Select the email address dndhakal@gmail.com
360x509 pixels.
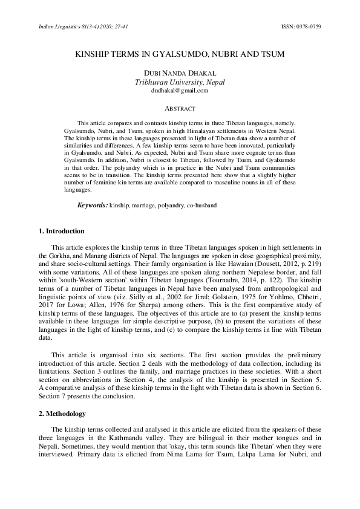[x=180, y=91]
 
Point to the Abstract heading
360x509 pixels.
[x=180, y=109]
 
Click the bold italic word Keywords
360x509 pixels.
[x=92, y=206]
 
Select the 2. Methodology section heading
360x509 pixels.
[x=61, y=413]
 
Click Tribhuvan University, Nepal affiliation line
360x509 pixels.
[x=180, y=82]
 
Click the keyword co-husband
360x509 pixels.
[x=201, y=206]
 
